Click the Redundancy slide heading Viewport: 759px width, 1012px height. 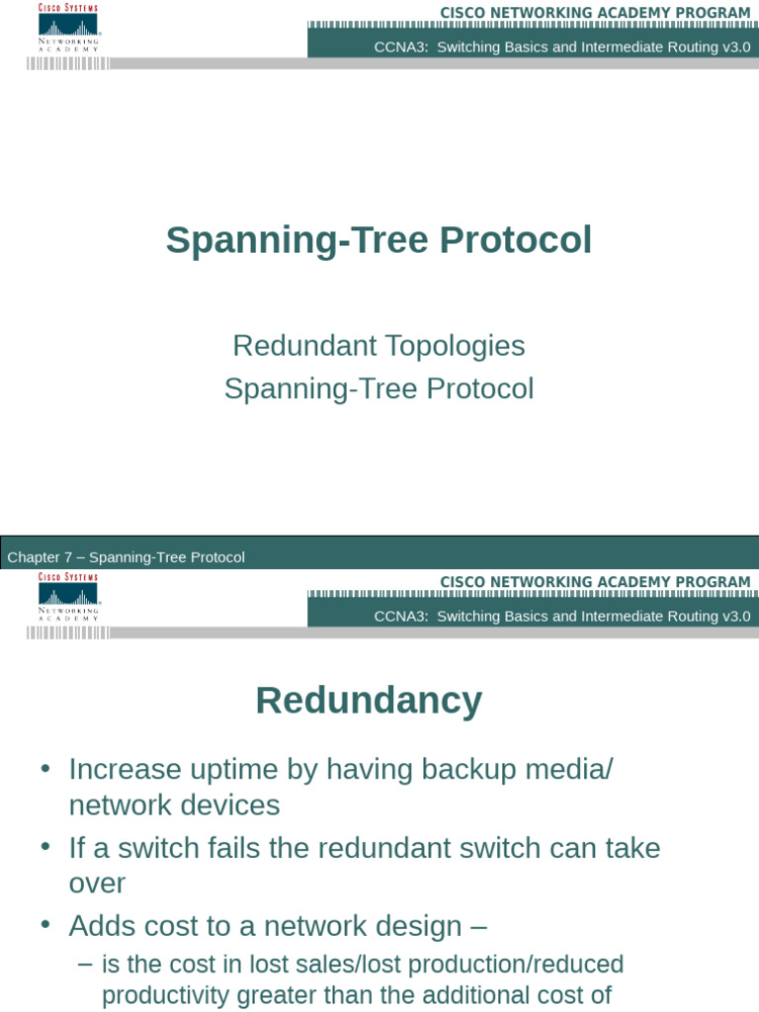(x=369, y=701)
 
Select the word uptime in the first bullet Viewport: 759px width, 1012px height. (x=231, y=770)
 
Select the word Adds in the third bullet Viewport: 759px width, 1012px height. (x=101, y=926)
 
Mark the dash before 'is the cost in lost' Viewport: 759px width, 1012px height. (x=85, y=964)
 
